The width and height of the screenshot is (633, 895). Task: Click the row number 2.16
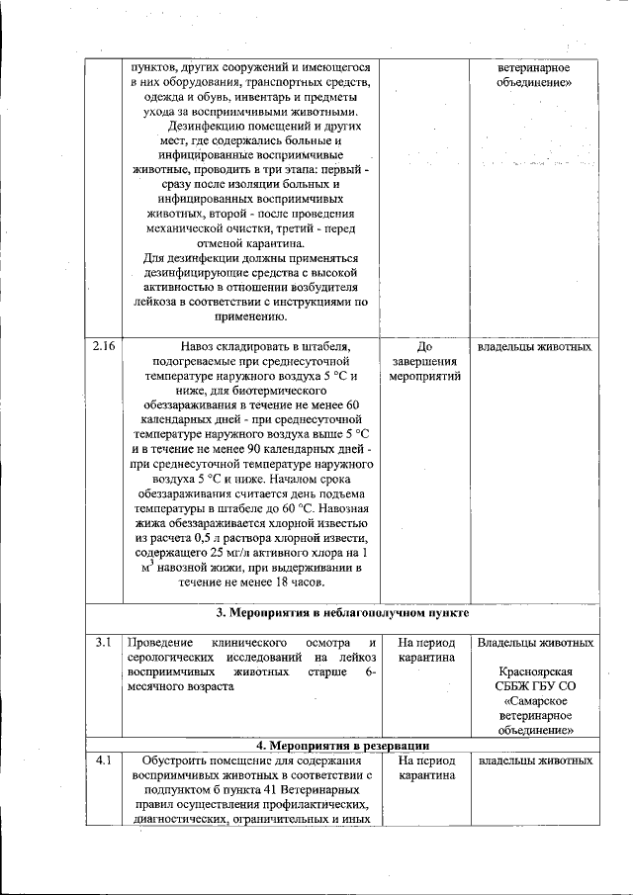[x=104, y=348]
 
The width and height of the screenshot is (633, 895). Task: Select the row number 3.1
[x=103, y=643]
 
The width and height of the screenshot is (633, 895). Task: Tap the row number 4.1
[x=103, y=761]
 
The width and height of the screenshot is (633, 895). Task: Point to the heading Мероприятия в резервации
[x=342, y=745]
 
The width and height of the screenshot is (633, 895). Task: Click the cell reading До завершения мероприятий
[x=425, y=362]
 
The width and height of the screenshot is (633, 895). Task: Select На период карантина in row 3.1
[x=425, y=650]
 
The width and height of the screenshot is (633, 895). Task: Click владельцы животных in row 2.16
[x=535, y=348]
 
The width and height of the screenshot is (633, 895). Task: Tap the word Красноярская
[x=535, y=671]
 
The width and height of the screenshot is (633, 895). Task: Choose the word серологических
[x=175, y=658]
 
